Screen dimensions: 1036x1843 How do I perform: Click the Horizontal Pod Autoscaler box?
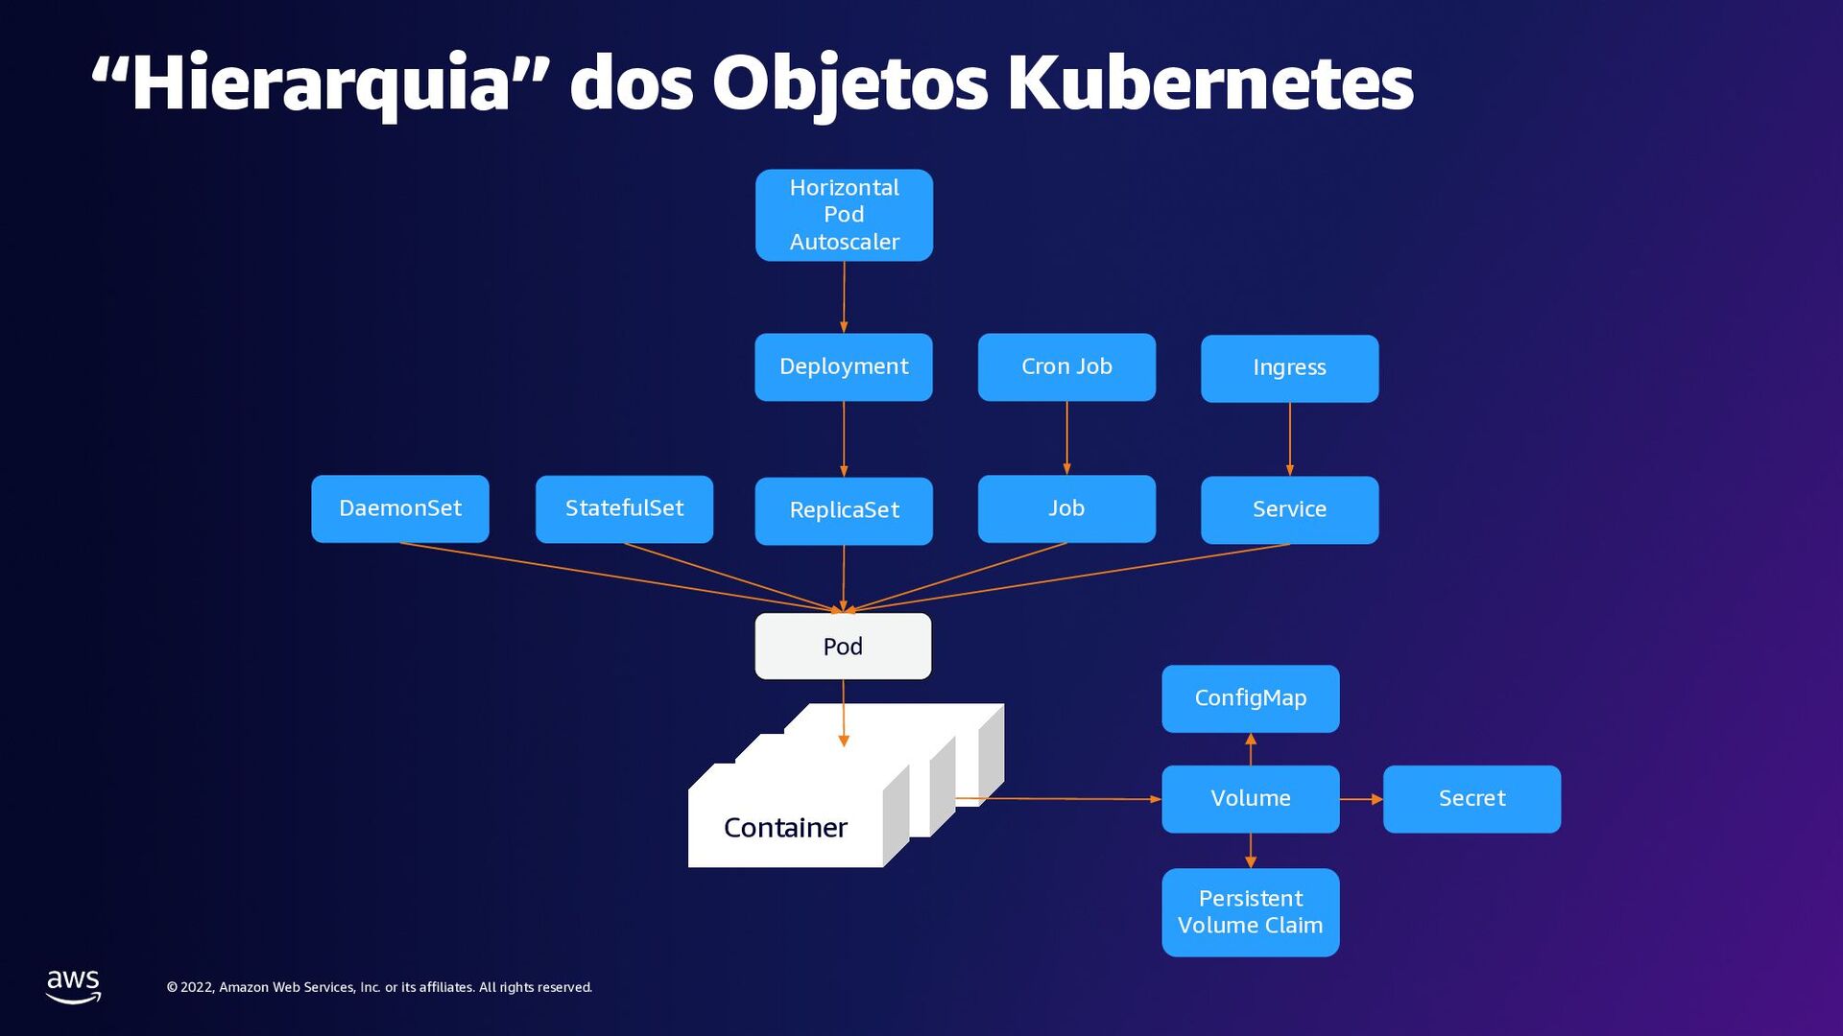[x=844, y=215]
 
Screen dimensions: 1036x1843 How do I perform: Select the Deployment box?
[x=844, y=366]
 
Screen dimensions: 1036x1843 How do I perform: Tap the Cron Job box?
[x=1066, y=366]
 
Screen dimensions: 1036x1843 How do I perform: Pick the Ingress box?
[x=1289, y=367]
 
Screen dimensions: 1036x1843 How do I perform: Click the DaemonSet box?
[x=400, y=508]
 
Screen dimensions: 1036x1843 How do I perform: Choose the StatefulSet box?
[x=624, y=508]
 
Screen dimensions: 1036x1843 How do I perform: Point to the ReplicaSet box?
[x=844, y=510]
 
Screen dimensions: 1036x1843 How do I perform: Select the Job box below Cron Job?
[x=1066, y=508]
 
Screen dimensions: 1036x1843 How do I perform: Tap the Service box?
[x=1289, y=509]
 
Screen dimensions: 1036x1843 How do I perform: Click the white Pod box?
[x=843, y=647]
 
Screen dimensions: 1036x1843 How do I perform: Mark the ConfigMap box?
[x=1250, y=698]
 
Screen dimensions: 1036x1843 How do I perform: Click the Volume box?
[x=1250, y=798]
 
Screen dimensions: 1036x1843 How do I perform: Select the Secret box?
[x=1472, y=798]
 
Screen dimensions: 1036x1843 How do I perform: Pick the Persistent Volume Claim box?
[x=1250, y=912]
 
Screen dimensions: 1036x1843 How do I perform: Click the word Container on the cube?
[x=785, y=828]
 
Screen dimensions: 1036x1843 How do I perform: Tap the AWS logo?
[x=73, y=985]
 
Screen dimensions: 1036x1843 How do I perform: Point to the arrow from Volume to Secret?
[x=1361, y=799]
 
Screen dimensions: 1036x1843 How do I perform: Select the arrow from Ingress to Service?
[x=1289, y=438]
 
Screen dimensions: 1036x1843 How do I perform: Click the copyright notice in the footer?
[x=379, y=987]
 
